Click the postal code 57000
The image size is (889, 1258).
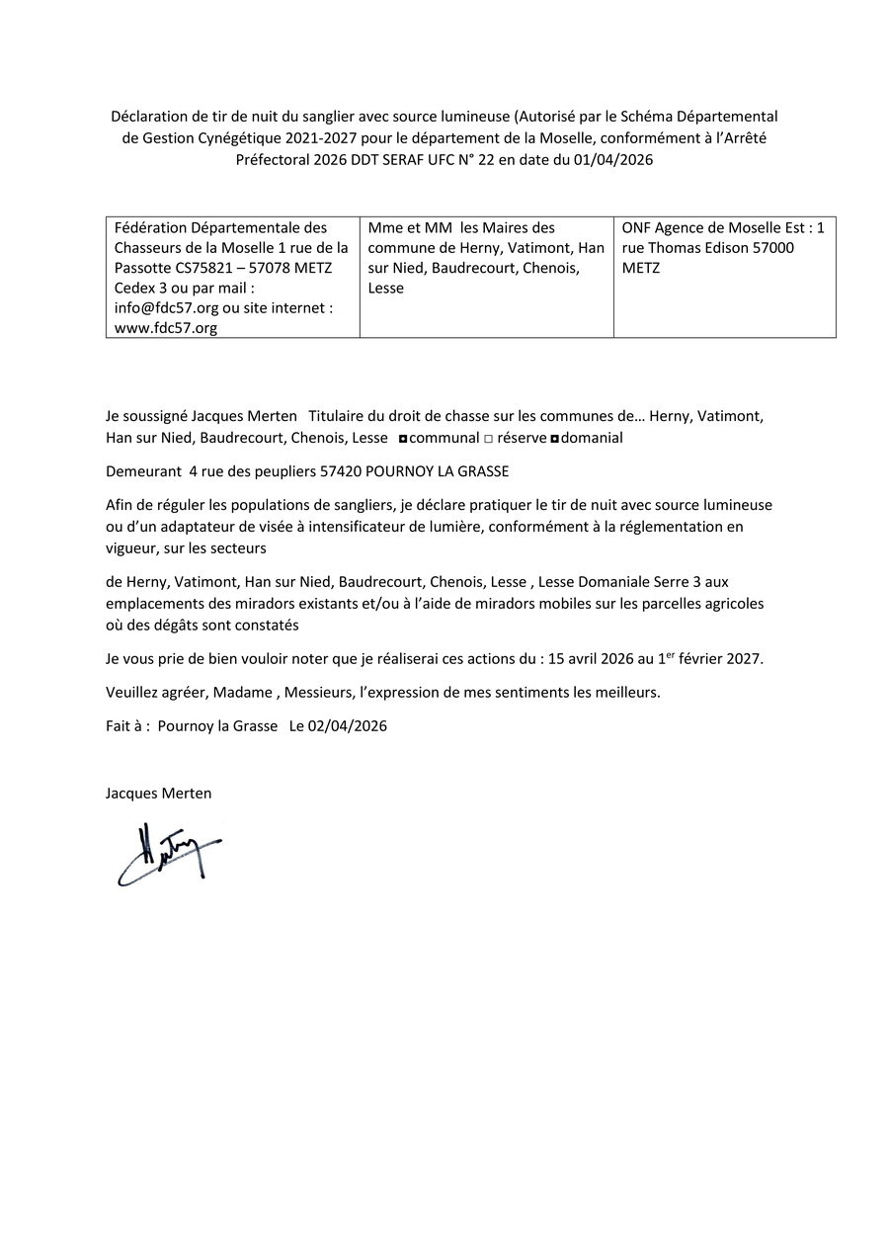(772, 248)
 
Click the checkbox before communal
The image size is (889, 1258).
(402, 438)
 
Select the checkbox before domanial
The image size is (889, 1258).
(554, 438)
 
